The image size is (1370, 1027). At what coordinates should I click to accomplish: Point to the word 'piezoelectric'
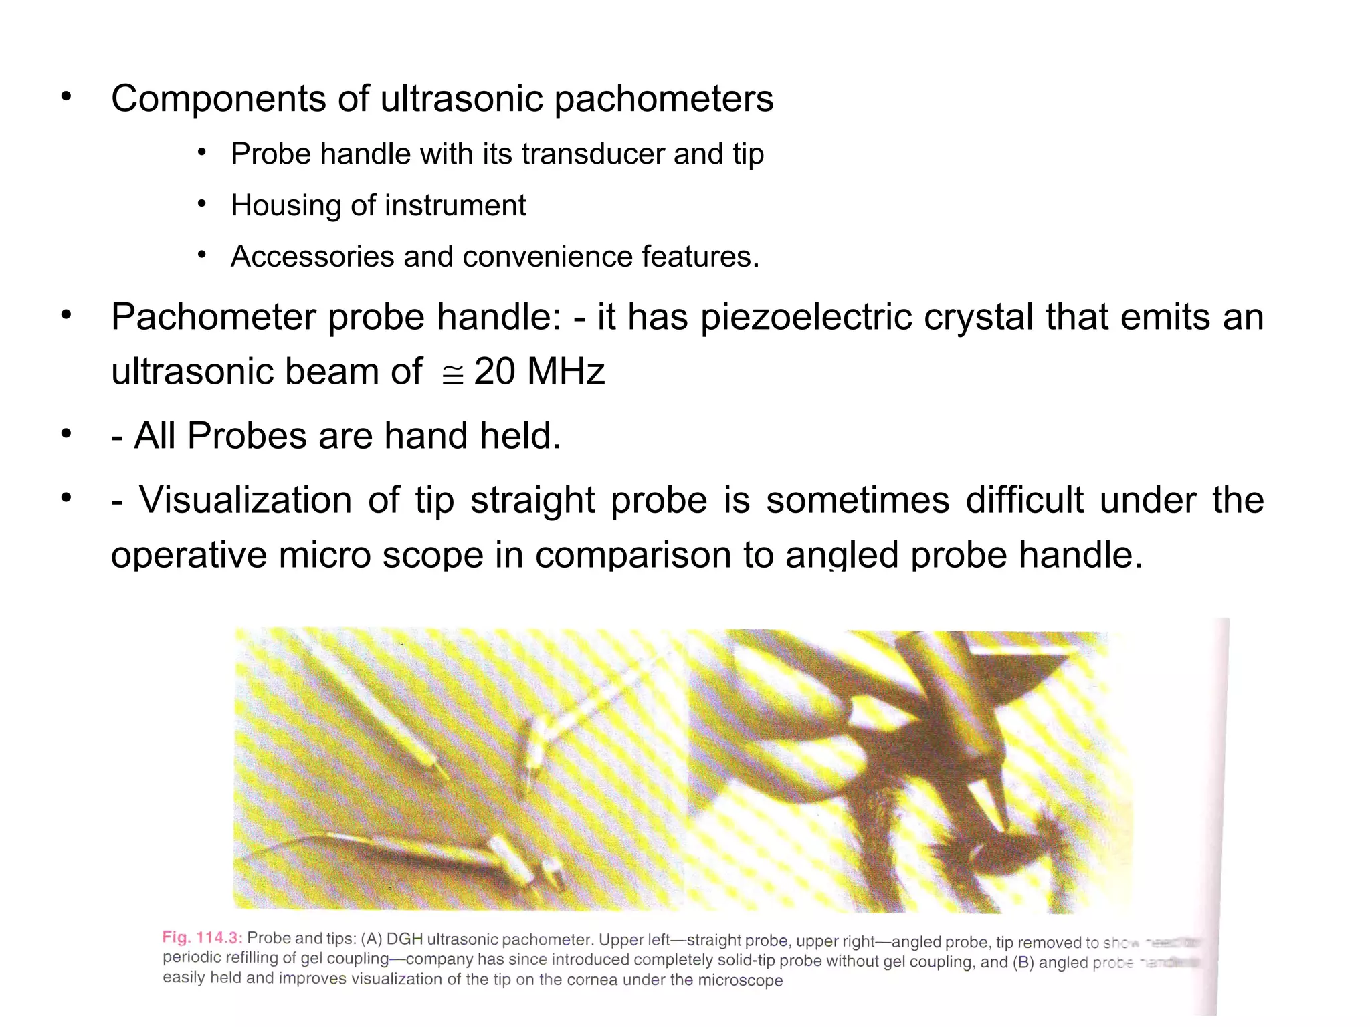805,317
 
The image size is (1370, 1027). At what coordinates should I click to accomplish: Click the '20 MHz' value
539,372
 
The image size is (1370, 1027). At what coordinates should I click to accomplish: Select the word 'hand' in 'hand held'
427,436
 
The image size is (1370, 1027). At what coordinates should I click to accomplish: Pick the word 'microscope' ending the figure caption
741,980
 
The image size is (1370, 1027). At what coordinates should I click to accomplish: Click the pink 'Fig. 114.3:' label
202,937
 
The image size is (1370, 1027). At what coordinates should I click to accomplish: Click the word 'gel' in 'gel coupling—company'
310,958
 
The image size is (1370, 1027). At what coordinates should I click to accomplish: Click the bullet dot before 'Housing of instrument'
201,204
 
